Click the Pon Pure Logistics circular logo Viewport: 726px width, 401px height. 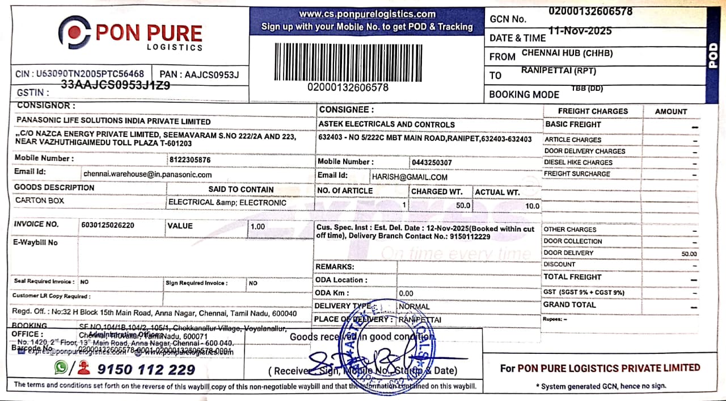coord(74,32)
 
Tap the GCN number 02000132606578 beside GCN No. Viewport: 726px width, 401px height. coord(590,11)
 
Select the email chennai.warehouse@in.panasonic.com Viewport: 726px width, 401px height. coord(147,174)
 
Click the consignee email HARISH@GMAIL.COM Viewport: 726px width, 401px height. coord(410,177)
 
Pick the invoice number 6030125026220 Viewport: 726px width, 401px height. coord(108,225)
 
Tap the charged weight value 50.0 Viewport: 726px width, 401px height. coord(463,206)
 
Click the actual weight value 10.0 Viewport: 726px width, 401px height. coord(533,206)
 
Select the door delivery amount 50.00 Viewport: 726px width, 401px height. coord(690,254)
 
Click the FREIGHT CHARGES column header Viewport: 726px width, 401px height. coord(593,111)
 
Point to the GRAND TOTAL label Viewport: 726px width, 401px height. coord(569,305)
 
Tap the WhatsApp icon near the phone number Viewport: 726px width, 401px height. coord(61,367)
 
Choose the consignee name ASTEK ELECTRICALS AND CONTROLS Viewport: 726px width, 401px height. coord(387,124)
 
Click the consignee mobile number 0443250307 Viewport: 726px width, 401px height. coord(432,162)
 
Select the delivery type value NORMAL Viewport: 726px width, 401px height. coord(414,307)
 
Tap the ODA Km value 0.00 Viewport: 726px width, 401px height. coord(406,294)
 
